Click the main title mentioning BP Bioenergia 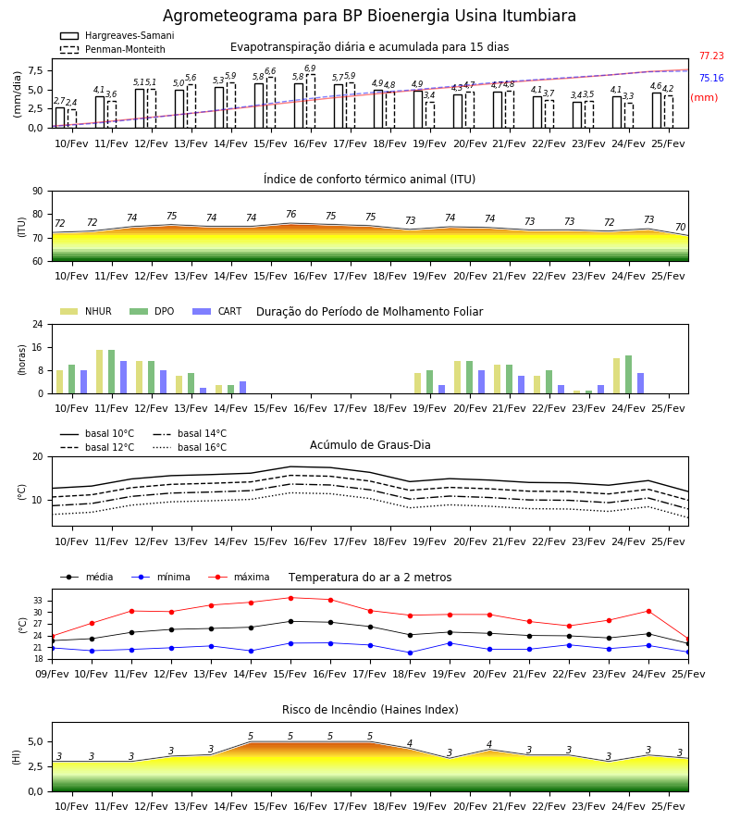pyautogui.click(x=369, y=16)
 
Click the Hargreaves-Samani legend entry pyautogui.click(x=117, y=35)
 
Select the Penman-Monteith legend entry pyautogui.click(x=113, y=49)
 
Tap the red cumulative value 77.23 pyautogui.click(x=711, y=56)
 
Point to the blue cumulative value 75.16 pyautogui.click(x=711, y=78)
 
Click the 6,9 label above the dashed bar pyautogui.click(x=310, y=68)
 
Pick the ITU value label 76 pyautogui.click(x=290, y=214)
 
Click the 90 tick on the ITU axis pyautogui.click(x=38, y=192)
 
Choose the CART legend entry pyautogui.click(x=217, y=311)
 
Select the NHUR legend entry pyautogui.click(x=86, y=311)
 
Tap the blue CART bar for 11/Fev pyautogui.click(x=123, y=378)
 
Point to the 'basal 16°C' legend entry pyautogui.click(x=190, y=447)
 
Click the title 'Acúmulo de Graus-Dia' pyautogui.click(x=370, y=445)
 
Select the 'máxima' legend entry pyautogui.click(x=239, y=577)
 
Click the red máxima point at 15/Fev pyautogui.click(x=290, y=598)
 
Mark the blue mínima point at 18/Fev pyautogui.click(x=411, y=653)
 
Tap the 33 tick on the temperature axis pyautogui.click(x=38, y=601)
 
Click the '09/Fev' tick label pyautogui.click(x=52, y=674)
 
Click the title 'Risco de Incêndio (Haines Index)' pyautogui.click(x=370, y=710)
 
